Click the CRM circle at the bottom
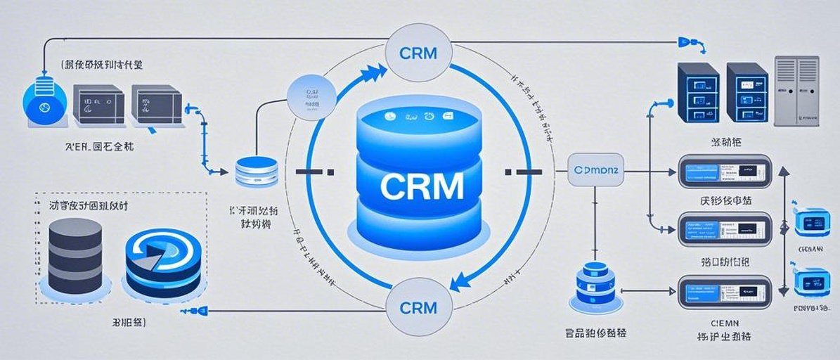(418, 307)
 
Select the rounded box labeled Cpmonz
(595, 169)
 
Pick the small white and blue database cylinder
(257, 172)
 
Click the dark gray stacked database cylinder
(75, 256)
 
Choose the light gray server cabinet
(797, 91)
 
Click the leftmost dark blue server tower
(697, 94)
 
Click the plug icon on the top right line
(687, 43)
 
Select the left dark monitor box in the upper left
(98, 105)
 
